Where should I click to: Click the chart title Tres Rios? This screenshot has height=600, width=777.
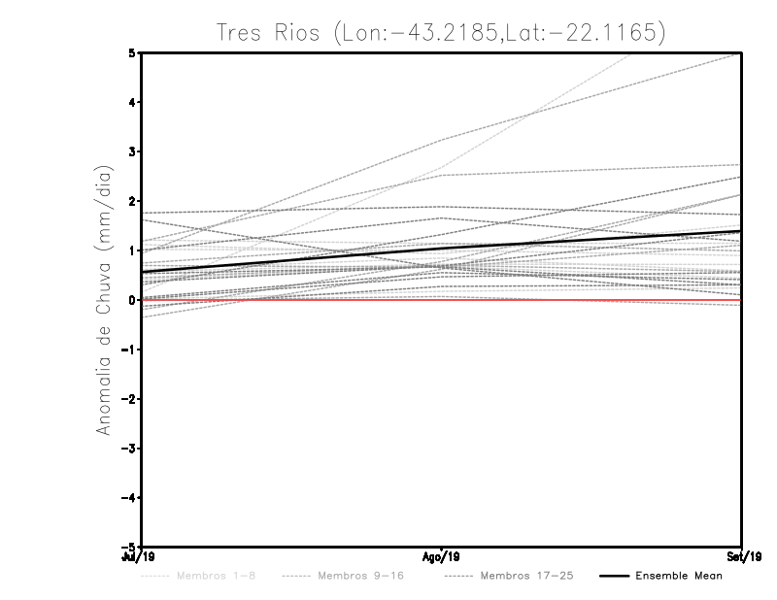click(442, 33)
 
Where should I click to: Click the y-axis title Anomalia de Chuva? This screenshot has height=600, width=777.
click(102, 300)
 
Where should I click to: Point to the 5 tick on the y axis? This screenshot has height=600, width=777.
click(132, 52)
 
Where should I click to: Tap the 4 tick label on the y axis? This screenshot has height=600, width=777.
click(132, 102)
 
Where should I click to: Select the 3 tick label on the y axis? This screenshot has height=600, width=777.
click(132, 151)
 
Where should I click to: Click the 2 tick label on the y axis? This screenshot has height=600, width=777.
click(132, 201)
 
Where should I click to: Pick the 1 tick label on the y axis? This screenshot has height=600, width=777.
click(132, 250)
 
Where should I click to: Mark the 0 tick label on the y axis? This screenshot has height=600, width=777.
click(132, 300)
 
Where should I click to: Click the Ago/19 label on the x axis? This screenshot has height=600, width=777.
click(442, 557)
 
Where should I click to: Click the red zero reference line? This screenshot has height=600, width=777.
click(291, 300)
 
